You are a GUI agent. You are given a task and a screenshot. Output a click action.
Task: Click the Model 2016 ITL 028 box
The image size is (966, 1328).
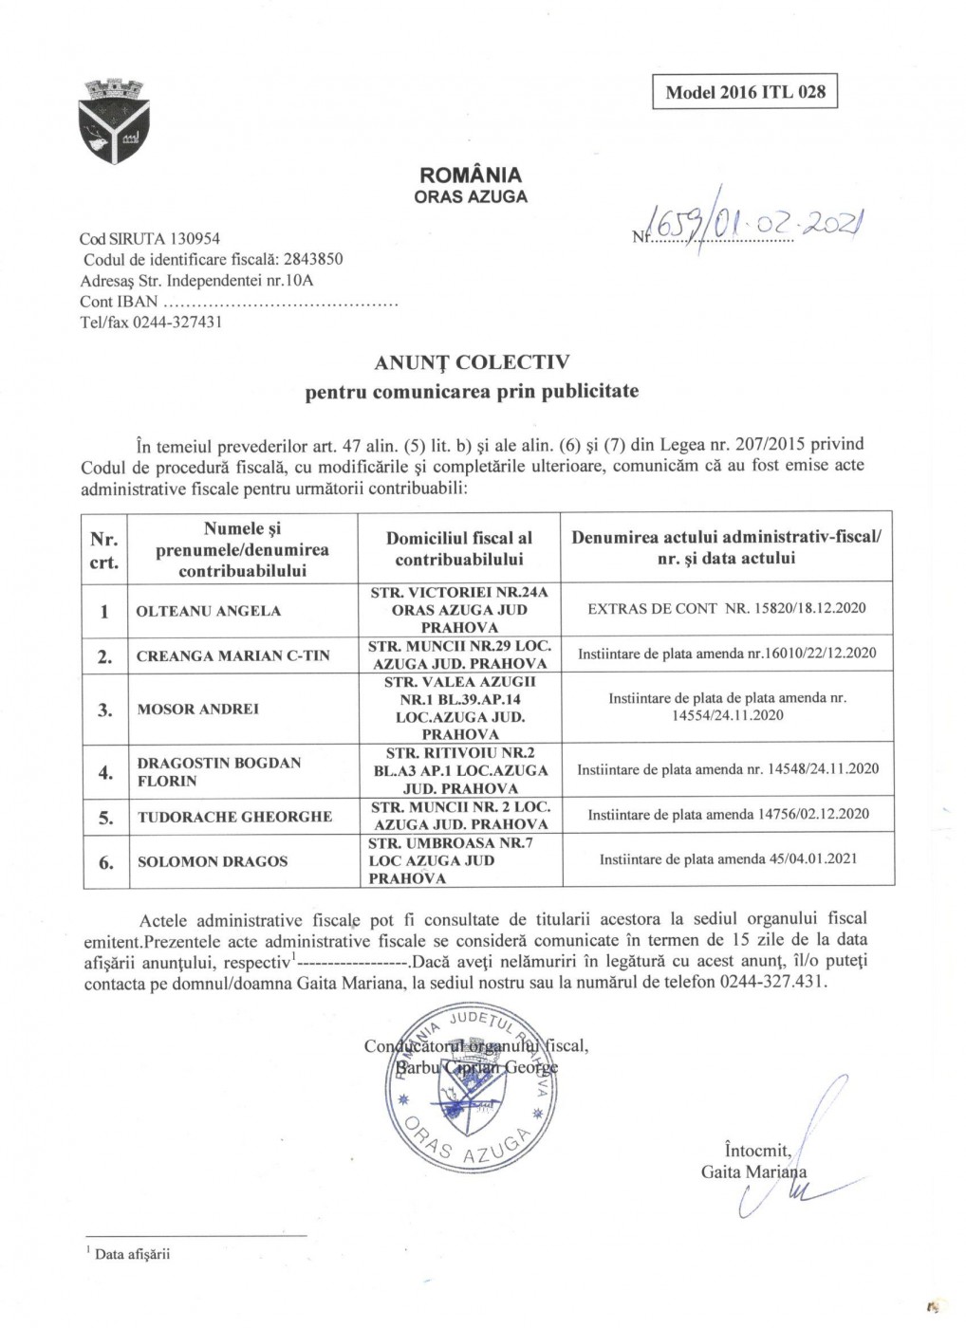tap(745, 92)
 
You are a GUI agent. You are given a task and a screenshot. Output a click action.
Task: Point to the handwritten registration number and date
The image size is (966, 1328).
tap(751, 226)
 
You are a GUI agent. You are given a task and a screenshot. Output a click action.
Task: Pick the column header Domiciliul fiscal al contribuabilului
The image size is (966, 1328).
tap(459, 549)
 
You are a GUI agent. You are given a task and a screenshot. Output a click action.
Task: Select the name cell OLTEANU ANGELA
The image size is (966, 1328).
tap(209, 611)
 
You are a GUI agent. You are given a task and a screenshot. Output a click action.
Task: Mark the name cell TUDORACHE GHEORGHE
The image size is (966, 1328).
tap(234, 817)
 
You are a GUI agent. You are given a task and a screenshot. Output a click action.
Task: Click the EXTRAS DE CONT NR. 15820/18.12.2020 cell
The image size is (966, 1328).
tap(728, 608)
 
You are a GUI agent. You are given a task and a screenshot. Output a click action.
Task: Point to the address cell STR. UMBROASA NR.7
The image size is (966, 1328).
tap(458, 860)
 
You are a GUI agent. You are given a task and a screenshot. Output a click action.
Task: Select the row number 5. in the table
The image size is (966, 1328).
tap(106, 817)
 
